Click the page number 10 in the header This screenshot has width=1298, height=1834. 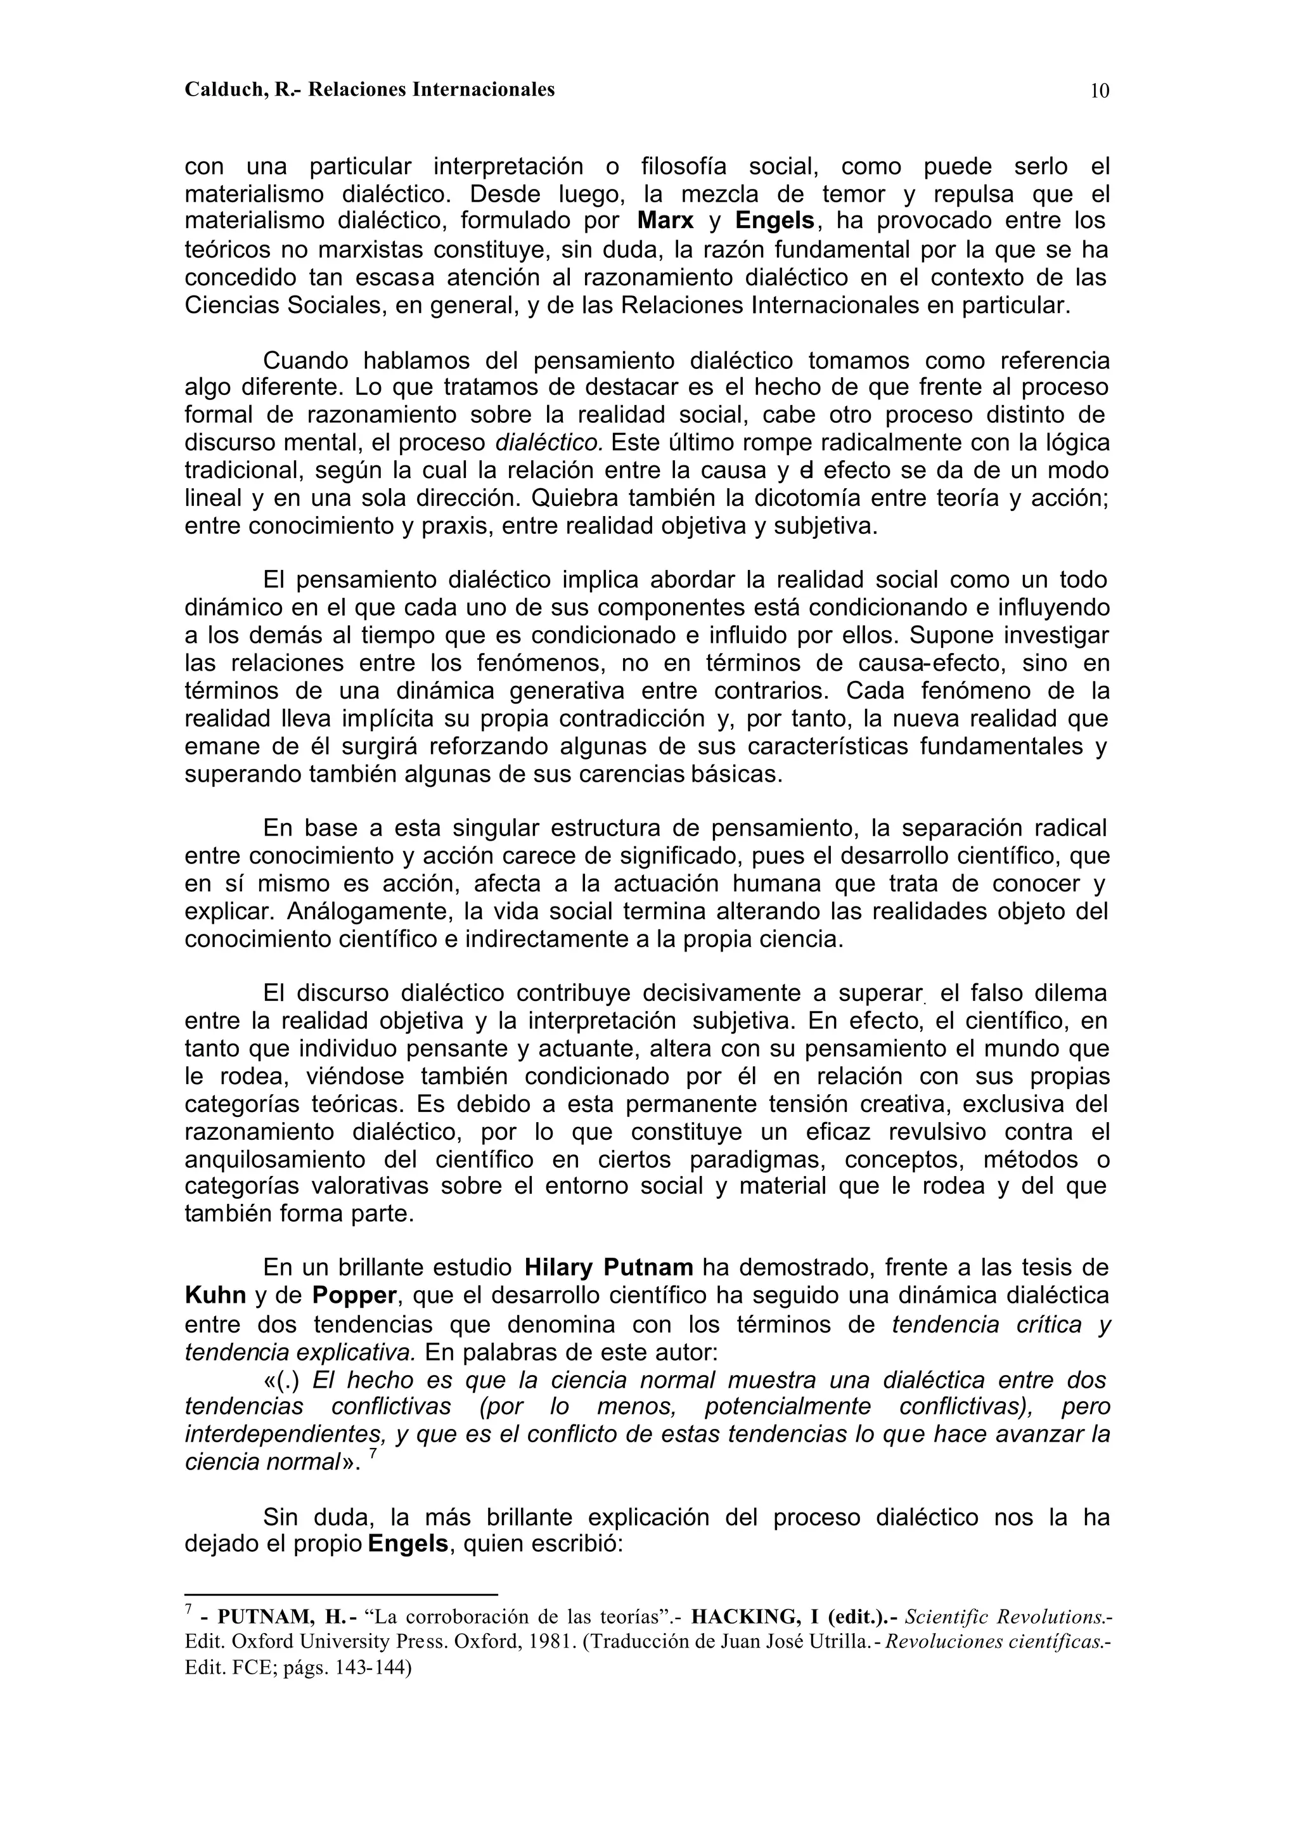click(1100, 91)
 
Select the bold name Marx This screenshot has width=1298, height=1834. click(665, 221)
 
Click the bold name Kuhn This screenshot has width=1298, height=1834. click(215, 1296)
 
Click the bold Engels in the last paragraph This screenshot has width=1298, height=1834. click(408, 1544)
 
